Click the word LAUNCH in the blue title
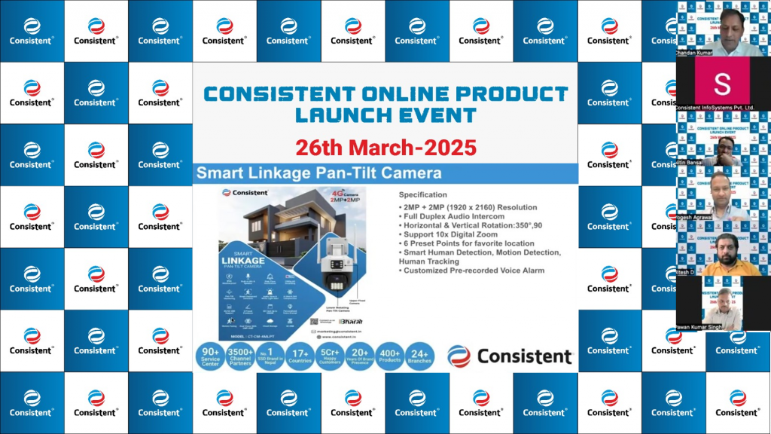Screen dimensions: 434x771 coord(342,115)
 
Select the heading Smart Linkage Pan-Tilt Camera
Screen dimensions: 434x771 coord(319,173)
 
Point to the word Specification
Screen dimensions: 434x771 coord(422,195)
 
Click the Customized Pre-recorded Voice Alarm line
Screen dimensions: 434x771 coord(473,270)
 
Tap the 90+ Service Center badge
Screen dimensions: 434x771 coord(210,356)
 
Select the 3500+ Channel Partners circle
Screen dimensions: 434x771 coord(239,356)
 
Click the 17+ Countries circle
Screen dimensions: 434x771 coord(300,356)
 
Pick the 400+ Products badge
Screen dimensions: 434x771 coord(389,356)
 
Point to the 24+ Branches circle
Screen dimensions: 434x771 coord(419,356)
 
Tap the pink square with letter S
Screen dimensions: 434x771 coord(722,83)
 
